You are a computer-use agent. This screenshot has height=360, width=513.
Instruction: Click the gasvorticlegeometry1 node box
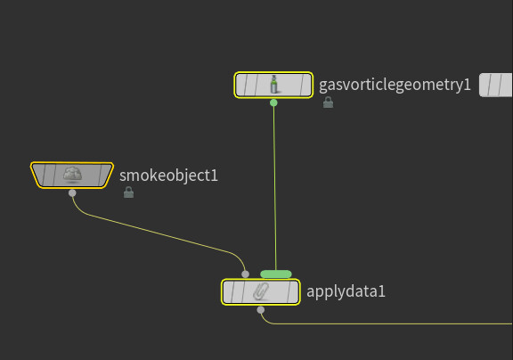coord(273,85)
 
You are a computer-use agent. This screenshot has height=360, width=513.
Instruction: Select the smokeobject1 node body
coord(72,175)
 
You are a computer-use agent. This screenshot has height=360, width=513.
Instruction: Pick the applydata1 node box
coord(261,292)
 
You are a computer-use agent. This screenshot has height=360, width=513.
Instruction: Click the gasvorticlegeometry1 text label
coord(395,85)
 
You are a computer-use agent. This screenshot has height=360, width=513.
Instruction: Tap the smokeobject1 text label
coord(168,176)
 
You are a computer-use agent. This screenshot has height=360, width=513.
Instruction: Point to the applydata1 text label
coord(346,292)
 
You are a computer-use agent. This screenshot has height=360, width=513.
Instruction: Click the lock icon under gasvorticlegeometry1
coord(328,102)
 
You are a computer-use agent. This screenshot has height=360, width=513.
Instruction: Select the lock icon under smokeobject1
coord(128,192)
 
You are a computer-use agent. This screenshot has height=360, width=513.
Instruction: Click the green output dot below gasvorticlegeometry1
coord(273,102)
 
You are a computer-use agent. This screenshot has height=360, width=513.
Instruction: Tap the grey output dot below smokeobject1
coord(72,193)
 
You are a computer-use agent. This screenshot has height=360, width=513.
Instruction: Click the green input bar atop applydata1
coord(276,274)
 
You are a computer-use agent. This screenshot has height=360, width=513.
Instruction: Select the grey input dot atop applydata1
coord(245,274)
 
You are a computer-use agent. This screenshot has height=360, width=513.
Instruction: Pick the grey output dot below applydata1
coord(261,310)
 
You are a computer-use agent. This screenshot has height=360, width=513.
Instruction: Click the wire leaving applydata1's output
coord(386,324)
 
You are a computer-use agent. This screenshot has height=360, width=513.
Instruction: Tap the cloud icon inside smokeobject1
coord(72,174)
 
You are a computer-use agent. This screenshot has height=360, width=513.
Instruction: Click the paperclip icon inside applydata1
coord(261,291)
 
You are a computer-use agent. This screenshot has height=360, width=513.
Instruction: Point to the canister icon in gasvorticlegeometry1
coord(273,85)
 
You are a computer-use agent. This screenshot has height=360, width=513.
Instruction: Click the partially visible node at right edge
coord(496,85)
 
